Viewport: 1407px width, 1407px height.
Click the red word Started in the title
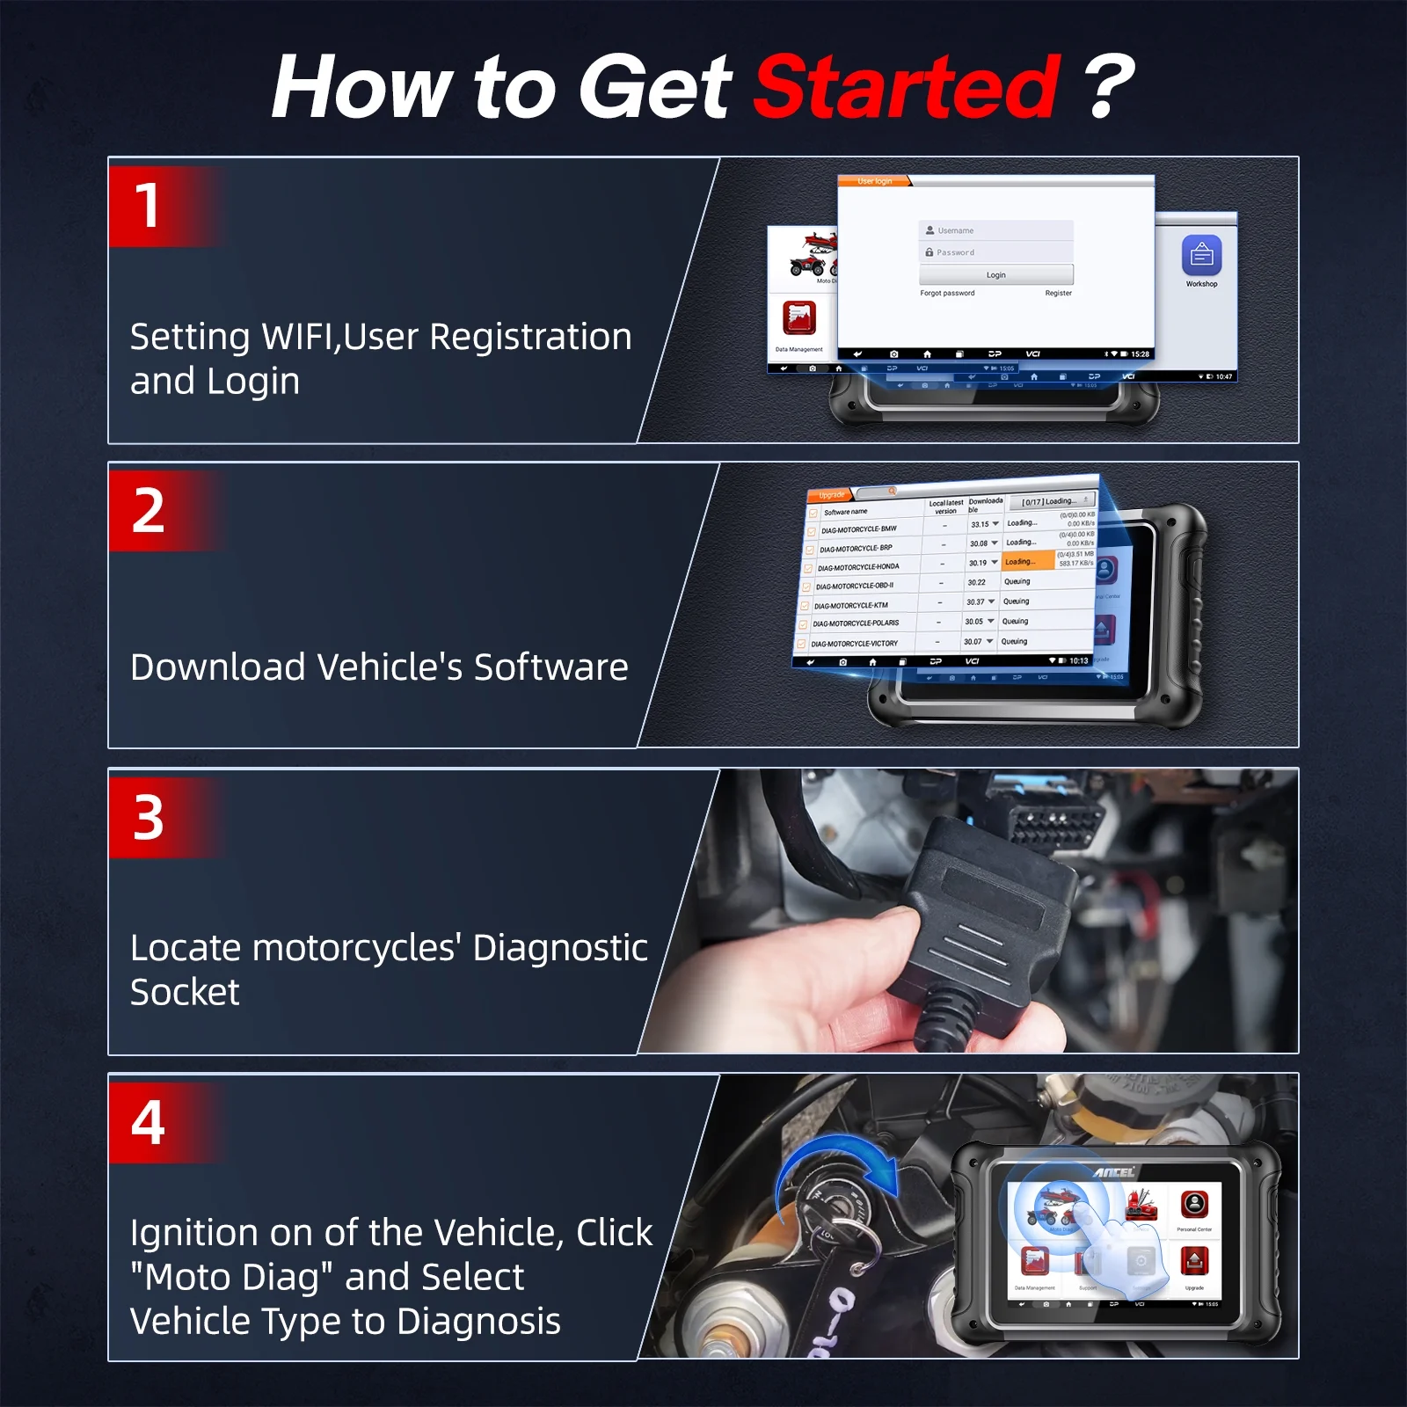[907, 87]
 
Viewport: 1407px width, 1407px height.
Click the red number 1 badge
[148, 207]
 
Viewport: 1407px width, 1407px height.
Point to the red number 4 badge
[148, 1123]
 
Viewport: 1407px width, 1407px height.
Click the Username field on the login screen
[995, 230]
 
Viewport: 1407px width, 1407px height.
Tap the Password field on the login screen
[995, 252]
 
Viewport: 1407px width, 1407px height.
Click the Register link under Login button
[1058, 294]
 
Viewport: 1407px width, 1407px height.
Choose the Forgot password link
[947, 294]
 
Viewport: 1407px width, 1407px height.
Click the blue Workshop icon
[1201, 256]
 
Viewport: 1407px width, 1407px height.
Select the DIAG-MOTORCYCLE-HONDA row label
[858, 567]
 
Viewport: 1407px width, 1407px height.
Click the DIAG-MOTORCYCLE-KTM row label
[850, 606]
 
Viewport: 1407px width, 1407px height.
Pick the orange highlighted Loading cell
[1027, 561]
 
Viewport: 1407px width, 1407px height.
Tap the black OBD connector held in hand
[985, 906]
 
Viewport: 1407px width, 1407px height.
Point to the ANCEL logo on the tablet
[1115, 1172]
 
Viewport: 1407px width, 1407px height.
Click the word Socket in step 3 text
[185, 993]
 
